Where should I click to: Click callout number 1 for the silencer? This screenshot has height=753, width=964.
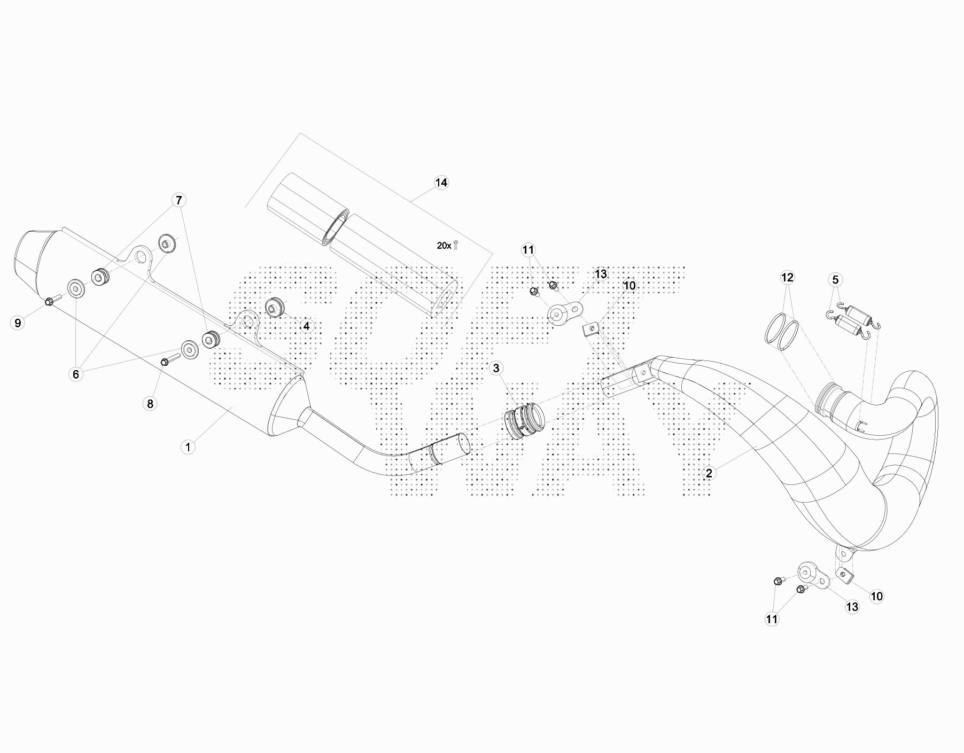[188, 446]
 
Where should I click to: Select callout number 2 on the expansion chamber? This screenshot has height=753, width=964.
[709, 473]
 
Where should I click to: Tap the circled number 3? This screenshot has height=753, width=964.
[496, 368]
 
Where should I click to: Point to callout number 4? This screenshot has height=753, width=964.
[306, 325]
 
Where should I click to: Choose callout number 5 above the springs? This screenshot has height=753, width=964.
[835, 279]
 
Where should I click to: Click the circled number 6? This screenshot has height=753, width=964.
[76, 374]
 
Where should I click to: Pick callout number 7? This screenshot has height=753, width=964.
[179, 200]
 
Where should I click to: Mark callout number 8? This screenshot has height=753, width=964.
[150, 403]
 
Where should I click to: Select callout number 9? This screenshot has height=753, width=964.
[18, 323]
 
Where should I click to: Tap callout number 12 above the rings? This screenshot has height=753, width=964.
[787, 277]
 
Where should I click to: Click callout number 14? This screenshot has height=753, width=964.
[441, 183]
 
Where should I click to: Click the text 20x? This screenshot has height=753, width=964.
[444, 246]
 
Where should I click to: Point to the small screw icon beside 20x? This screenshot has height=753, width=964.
[456, 245]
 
